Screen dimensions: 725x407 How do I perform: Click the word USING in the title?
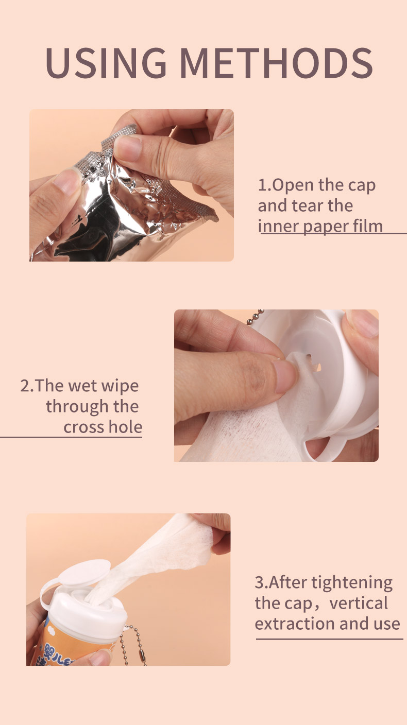click(106, 63)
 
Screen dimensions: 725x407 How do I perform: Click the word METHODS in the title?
click(276, 63)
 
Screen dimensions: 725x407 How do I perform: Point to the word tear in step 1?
click(308, 205)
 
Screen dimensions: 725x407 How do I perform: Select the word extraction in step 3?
click(292, 624)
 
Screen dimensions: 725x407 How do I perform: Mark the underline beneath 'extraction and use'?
click(329, 640)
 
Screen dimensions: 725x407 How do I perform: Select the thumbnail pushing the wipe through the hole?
click(285, 375)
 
